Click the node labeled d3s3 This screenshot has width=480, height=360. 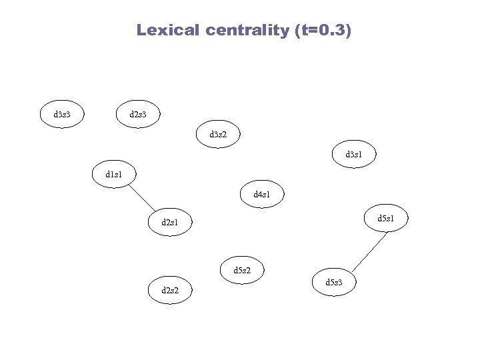(x=62, y=115)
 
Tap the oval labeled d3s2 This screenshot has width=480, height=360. (x=218, y=134)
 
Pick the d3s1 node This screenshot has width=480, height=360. (x=353, y=155)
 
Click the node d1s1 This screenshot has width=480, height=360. (x=115, y=175)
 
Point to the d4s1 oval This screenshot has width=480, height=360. (x=261, y=195)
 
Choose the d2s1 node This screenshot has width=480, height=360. (x=169, y=222)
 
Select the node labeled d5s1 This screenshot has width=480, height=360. (x=385, y=218)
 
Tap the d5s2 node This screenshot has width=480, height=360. (x=243, y=270)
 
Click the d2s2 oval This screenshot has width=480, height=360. (x=169, y=289)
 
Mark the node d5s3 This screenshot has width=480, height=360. (x=334, y=283)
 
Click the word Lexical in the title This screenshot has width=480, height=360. (x=167, y=30)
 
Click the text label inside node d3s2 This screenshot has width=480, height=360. (x=218, y=134)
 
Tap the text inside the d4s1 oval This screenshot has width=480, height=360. (x=261, y=195)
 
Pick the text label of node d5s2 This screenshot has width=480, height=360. (x=243, y=270)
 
